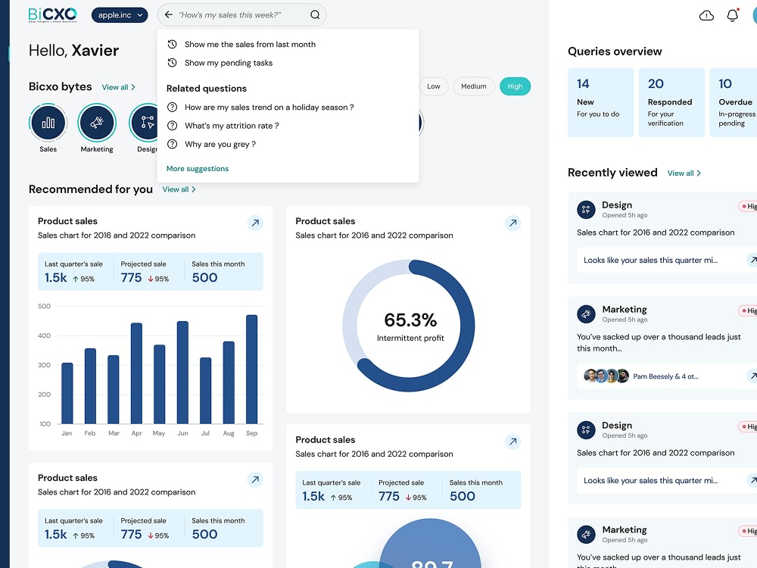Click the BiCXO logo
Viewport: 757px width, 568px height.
pos(52,14)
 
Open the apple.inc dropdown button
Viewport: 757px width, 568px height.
pos(119,15)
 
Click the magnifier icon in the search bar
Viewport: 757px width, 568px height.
pos(315,15)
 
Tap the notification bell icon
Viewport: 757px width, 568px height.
pos(732,15)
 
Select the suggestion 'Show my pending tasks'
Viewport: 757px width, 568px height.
pos(228,63)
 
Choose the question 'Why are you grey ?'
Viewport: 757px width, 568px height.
pos(220,144)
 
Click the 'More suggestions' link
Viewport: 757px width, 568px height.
pos(197,169)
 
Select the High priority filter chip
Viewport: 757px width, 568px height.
pos(515,86)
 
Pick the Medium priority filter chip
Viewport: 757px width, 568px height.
pos(473,86)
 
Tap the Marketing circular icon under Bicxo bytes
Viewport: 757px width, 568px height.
pos(97,123)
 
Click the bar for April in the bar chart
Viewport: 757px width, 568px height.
pos(136,373)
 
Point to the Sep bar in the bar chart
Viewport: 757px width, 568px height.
pos(252,370)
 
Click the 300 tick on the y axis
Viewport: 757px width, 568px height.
pos(44,365)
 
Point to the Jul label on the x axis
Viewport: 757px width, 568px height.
pos(205,433)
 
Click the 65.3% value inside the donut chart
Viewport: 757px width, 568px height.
pos(410,320)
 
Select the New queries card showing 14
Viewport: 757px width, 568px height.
pos(600,102)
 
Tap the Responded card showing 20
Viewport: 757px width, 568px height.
pos(670,102)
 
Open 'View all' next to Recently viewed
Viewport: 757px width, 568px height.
pos(684,173)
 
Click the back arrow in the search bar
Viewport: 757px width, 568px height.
pos(168,15)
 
